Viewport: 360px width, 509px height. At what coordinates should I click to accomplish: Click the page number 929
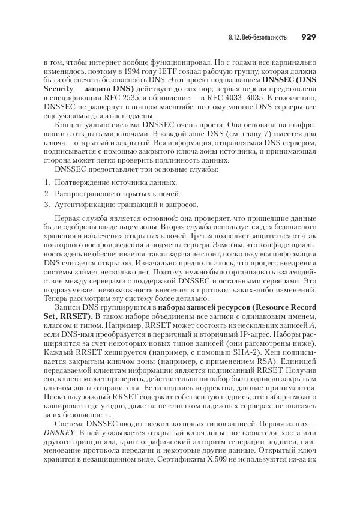308,37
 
